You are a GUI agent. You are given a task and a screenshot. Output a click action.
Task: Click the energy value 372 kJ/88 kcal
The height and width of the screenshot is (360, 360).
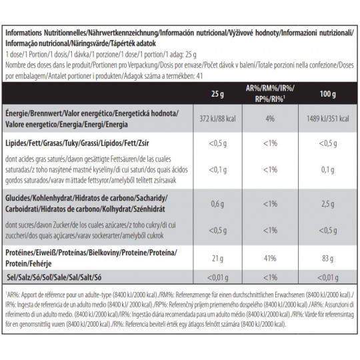[217, 119]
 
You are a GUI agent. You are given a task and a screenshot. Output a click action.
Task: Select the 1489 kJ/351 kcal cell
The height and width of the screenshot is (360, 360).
[327, 119]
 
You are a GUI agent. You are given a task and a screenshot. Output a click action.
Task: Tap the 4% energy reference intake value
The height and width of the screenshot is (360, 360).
[270, 119]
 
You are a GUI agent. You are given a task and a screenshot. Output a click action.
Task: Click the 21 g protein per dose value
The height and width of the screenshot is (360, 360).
[217, 259]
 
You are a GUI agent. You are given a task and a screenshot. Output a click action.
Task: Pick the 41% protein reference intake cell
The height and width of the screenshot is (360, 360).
[270, 259]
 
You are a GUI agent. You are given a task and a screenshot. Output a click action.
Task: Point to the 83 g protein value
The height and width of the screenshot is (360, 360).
[327, 259]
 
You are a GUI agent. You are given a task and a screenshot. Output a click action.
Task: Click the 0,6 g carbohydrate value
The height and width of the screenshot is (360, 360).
[217, 203]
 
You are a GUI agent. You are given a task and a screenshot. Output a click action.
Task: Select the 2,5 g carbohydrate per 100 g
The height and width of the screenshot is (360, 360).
[327, 203]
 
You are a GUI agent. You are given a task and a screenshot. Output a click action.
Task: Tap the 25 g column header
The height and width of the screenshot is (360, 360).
[217, 94]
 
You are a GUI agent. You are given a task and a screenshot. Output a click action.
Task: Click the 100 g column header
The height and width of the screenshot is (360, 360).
[327, 94]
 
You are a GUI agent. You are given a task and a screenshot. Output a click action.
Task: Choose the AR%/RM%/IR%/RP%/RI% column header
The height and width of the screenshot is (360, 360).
[270, 93]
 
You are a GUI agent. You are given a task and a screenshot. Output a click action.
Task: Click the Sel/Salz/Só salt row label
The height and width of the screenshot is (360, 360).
[54, 277]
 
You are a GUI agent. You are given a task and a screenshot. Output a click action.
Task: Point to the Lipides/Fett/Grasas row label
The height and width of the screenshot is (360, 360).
[77, 143]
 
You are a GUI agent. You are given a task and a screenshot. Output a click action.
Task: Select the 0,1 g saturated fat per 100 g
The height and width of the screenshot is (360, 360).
[327, 170]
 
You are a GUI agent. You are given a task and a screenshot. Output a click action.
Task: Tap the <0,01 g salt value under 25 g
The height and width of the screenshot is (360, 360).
[217, 278]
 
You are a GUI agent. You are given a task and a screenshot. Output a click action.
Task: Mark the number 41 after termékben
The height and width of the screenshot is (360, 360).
[199, 76]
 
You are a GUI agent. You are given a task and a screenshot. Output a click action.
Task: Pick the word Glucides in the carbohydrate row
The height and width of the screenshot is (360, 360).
[18, 198]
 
